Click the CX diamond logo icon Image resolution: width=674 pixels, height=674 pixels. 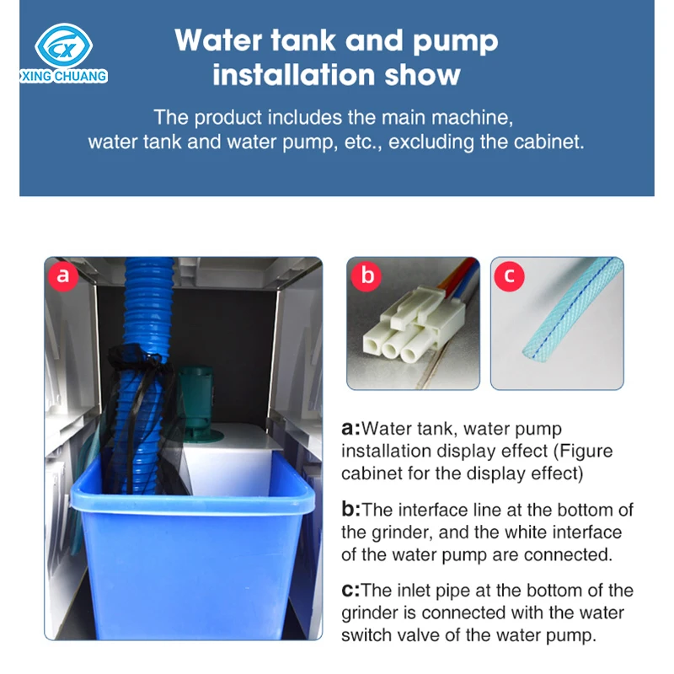pos(64,45)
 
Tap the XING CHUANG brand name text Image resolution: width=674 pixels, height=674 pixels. pos(64,76)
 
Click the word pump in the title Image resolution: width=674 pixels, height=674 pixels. pos(455,42)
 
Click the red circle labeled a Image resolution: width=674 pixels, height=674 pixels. pos(63,275)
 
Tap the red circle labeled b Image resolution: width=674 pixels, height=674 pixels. pos(366,275)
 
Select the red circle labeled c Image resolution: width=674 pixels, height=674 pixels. pos(510,275)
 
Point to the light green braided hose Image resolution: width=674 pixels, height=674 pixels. pos(572,309)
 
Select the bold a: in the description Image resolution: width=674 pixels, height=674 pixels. pos(350,429)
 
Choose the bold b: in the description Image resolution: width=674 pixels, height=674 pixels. pos(351,510)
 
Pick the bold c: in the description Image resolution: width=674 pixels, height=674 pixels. pos(350,591)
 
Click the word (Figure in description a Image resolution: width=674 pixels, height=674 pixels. pos(583,452)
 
